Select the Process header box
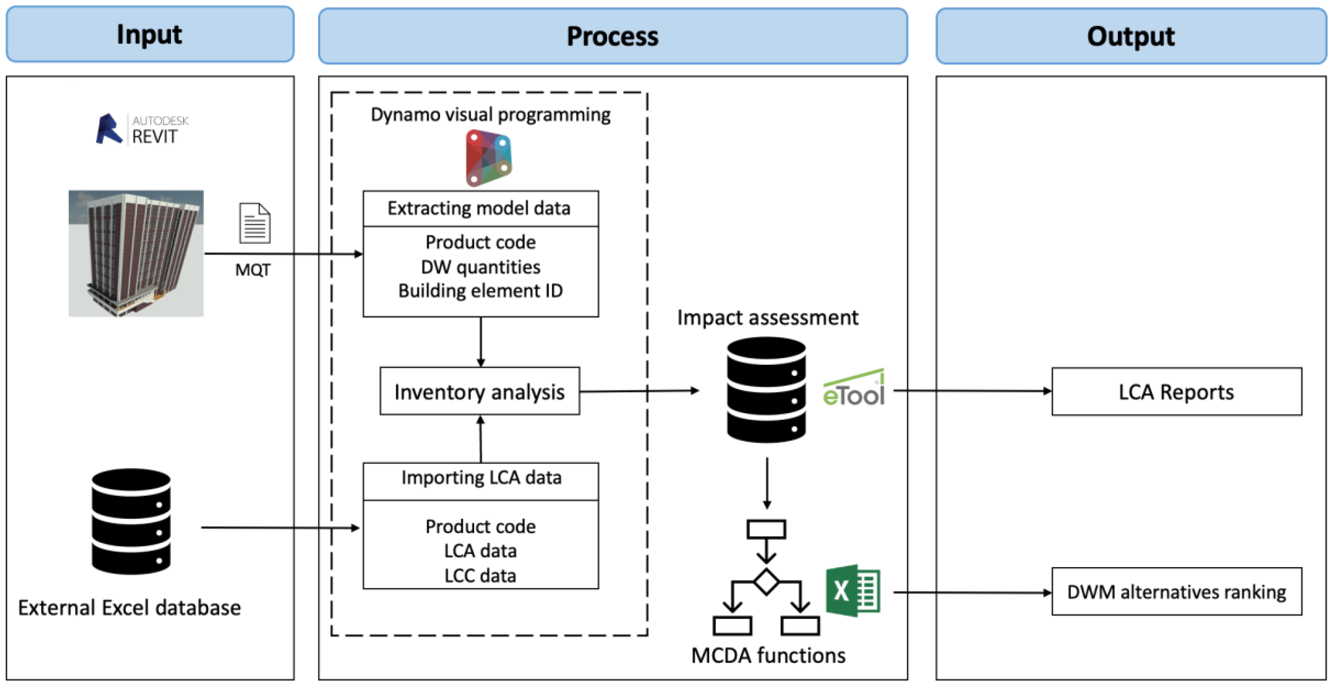pos(613,36)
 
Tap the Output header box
pos(1131,36)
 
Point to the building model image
pos(136,254)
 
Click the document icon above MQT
pos(254,223)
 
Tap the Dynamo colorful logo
pos(489,158)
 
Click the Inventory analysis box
pos(479,392)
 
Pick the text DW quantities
pos(480,267)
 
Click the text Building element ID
pos(480,291)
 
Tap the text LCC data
pos(480,576)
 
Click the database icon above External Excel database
pos(131,521)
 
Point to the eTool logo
pos(854,389)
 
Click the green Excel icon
pos(853,591)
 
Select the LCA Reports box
pos(1176,392)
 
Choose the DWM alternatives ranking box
pos(1176,592)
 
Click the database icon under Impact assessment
pos(766,390)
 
